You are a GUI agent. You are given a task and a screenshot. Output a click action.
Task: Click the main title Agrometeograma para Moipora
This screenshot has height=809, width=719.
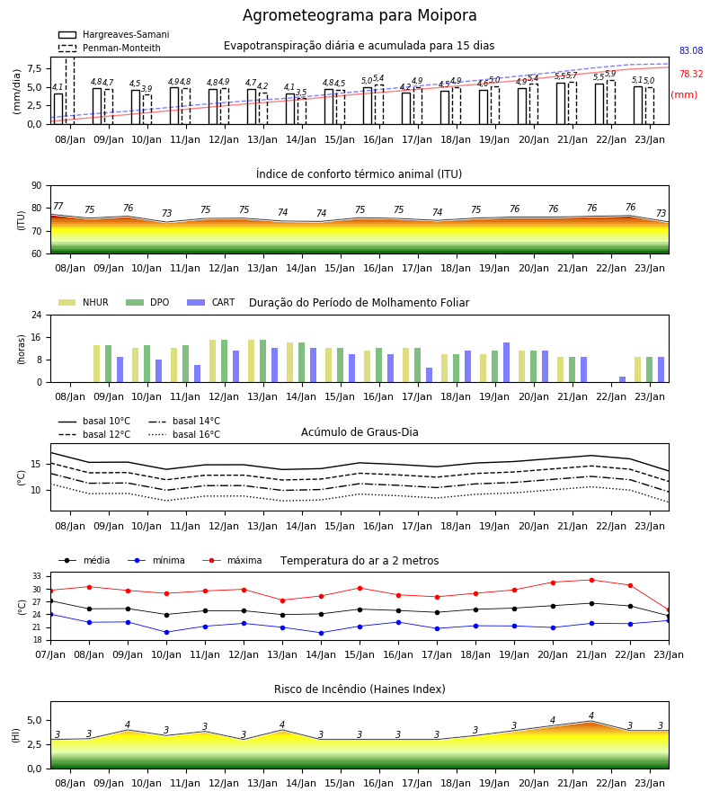tap(359, 15)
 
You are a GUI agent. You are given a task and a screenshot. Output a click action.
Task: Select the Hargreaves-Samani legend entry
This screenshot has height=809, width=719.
tap(113, 34)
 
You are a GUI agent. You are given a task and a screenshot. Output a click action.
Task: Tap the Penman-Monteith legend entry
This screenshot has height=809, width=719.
tap(110, 48)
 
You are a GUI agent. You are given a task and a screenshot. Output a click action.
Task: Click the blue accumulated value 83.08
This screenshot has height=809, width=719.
tap(691, 50)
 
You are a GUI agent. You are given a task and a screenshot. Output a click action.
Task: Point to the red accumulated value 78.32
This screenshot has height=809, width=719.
tap(691, 74)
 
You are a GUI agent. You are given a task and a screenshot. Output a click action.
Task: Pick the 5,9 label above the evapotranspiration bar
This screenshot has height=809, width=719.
tap(610, 74)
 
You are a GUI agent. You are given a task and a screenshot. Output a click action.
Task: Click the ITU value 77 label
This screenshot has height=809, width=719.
tap(58, 207)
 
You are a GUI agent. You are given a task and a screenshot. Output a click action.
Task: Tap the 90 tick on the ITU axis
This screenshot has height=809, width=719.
tap(37, 186)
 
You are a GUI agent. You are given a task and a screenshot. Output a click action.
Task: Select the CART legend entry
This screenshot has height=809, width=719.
tap(211, 302)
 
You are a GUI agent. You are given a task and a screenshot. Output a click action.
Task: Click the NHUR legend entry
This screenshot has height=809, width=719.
tap(84, 302)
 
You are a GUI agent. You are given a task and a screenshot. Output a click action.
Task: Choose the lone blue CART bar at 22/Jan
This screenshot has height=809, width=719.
tap(623, 379)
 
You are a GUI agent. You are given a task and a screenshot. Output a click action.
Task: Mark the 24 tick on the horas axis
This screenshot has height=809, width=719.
tap(37, 315)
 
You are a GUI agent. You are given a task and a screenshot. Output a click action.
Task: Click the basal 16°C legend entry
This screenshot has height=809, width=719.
tap(184, 434)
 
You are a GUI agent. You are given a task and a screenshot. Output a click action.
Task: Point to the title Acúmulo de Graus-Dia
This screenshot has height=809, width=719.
tap(359, 431)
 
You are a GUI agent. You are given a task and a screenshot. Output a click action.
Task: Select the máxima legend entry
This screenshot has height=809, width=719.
tap(232, 560)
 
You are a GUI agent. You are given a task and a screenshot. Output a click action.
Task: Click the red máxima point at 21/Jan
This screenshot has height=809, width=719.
tap(591, 580)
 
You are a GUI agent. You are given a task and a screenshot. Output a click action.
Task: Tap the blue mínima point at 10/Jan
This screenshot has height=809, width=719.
tap(166, 632)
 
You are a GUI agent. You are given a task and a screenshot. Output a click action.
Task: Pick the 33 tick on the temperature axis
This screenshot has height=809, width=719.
tap(37, 576)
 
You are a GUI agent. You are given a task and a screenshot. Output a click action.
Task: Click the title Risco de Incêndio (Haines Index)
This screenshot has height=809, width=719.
tap(359, 689)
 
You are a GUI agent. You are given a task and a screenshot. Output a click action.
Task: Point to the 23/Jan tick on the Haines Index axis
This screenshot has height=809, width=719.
tap(650, 783)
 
